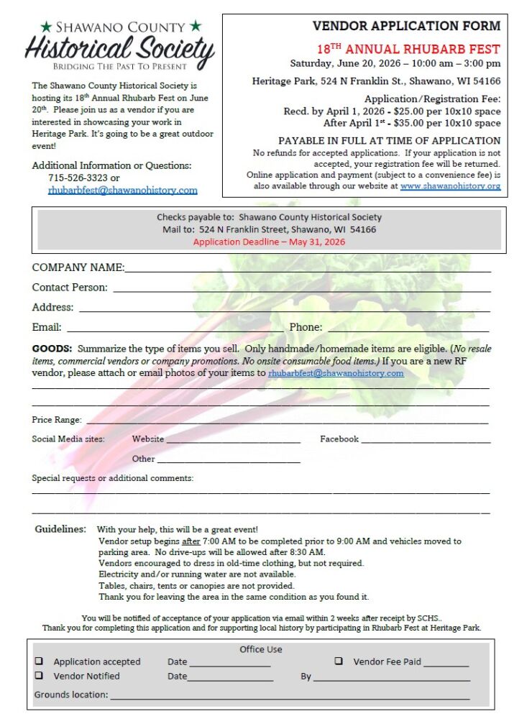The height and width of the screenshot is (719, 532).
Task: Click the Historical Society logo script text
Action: (119, 49)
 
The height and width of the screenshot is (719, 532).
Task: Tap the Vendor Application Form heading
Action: (406, 26)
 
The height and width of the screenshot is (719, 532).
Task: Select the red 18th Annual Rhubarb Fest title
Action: (408, 49)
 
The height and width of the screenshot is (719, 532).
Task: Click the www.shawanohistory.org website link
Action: (450, 186)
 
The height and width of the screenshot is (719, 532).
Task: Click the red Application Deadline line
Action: (269, 242)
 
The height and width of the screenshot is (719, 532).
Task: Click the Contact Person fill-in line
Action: (302, 289)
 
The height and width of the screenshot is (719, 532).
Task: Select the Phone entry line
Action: (409, 329)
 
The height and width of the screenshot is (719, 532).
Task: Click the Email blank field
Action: (173, 329)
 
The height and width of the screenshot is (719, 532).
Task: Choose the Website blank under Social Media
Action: (233, 441)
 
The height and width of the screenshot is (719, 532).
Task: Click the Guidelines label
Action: (60, 529)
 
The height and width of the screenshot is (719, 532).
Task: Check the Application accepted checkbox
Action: (39, 661)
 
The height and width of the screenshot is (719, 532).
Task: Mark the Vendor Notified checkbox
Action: (39, 676)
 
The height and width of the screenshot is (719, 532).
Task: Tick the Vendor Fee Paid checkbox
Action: (339, 661)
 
